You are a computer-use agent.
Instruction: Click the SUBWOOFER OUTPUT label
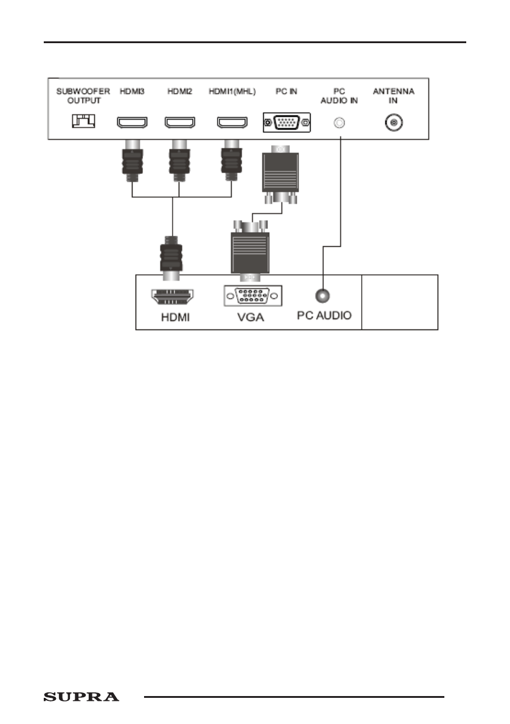(83, 96)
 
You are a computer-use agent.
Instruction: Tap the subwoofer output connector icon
(83, 122)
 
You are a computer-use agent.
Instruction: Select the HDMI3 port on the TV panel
(132, 123)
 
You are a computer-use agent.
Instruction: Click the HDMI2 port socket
(179, 123)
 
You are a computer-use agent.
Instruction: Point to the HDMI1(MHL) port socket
(232, 123)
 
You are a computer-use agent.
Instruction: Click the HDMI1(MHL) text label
(232, 92)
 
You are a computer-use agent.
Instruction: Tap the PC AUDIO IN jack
(340, 123)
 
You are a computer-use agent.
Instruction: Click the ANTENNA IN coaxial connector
(394, 123)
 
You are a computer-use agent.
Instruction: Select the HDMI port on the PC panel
(172, 297)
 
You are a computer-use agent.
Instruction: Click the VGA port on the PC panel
(252, 296)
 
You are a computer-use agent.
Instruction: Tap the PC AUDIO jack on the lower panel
(323, 296)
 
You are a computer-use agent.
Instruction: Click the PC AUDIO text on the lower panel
(324, 316)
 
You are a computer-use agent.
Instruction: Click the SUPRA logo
(81, 697)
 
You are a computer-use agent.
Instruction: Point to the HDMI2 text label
(179, 92)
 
